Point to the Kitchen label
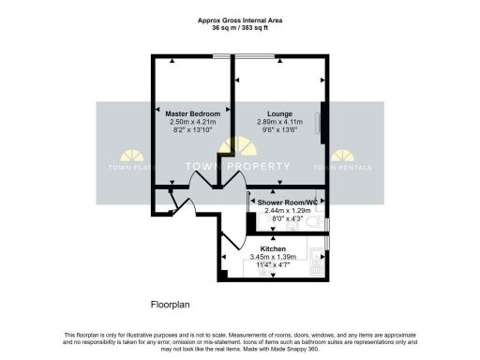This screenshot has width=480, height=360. (274, 248)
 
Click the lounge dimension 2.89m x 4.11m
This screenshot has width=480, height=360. (277, 121)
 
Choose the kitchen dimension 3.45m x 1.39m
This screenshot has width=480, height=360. (275, 257)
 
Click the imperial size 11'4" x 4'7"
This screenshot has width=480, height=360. (275, 265)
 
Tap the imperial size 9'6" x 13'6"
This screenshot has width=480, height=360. (277, 129)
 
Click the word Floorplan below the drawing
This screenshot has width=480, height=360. (172, 306)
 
